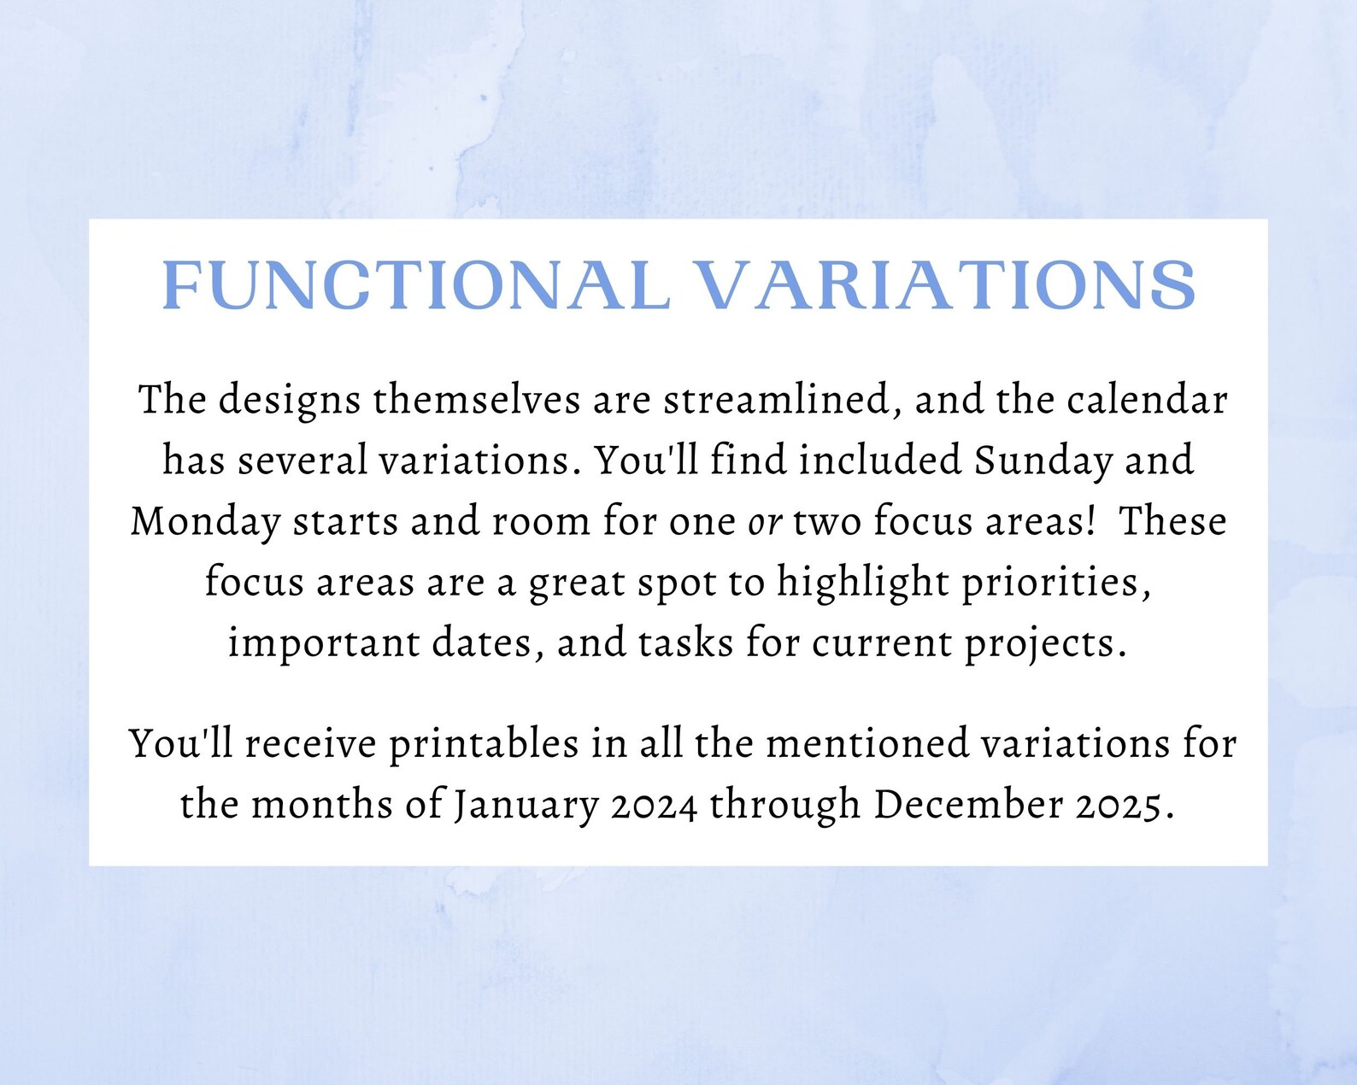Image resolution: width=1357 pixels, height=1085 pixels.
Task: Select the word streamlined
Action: pyautogui.click(x=783, y=401)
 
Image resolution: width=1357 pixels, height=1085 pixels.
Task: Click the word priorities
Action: pyautogui.click(x=1057, y=584)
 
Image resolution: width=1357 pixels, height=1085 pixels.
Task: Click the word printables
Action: pyautogui.click(x=484, y=745)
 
